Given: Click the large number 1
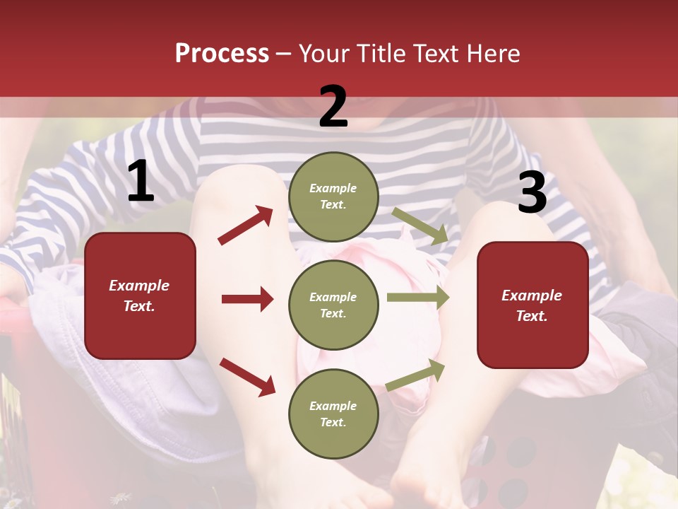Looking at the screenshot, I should [x=141, y=182].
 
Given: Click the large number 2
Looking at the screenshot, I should [x=333, y=107].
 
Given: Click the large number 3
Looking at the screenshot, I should [x=532, y=193].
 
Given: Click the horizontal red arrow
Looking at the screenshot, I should [x=247, y=299].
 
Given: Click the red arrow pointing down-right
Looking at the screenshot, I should [x=247, y=377].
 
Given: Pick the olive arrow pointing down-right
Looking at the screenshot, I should [x=420, y=226].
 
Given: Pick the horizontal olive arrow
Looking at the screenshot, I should [x=418, y=298].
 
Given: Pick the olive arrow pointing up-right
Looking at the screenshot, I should [x=416, y=375].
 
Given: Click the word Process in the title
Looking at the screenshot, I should [x=222, y=54].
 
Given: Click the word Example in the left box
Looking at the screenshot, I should [x=139, y=286].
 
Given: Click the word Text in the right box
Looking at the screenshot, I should [x=532, y=316].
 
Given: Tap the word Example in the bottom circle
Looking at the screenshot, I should [x=333, y=406].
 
